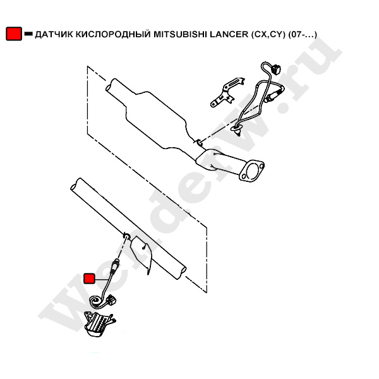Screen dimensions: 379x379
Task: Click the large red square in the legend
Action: (14, 33)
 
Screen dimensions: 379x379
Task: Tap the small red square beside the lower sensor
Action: (89, 279)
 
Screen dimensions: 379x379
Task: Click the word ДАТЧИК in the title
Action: (54, 35)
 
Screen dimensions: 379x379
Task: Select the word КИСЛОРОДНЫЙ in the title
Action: (114, 35)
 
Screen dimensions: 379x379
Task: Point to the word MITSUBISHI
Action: (180, 34)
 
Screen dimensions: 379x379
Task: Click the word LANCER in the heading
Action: (229, 34)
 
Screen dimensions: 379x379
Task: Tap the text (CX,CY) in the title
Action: (268, 35)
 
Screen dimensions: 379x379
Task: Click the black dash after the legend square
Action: (28, 34)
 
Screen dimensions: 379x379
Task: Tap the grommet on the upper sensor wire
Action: (236, 129)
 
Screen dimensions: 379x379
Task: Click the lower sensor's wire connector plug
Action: (111, 299)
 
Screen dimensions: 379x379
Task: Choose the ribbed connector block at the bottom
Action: (97, 323)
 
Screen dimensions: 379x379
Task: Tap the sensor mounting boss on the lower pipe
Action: (126, 235)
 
